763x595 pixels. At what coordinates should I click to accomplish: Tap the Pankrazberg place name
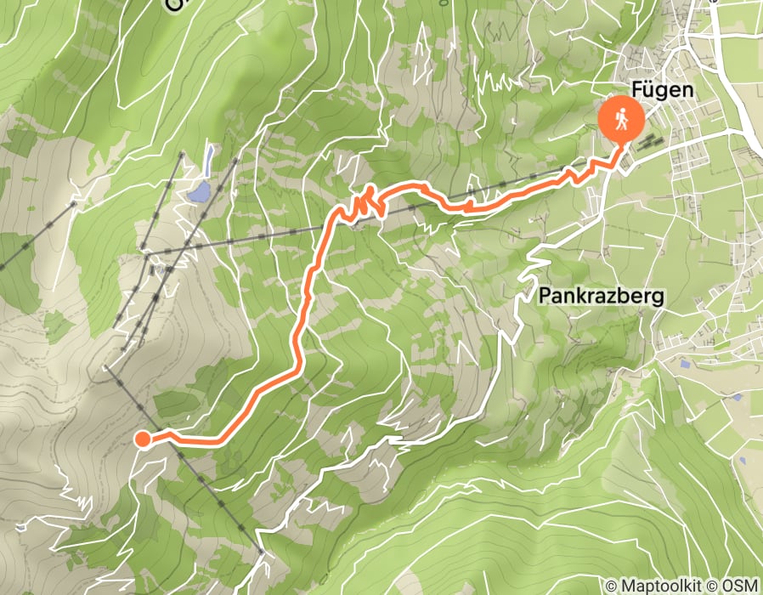[x=601, y=296]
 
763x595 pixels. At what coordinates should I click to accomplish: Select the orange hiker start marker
[x=621, y=119]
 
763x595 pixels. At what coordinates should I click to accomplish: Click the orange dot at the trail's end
[x=143, y=439]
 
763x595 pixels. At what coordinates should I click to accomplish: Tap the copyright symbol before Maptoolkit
[x=613, y=586]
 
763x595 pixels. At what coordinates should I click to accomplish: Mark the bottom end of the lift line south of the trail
[x=262, y=553]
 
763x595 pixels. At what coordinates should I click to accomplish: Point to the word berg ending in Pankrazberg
[x=643, y=296]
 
